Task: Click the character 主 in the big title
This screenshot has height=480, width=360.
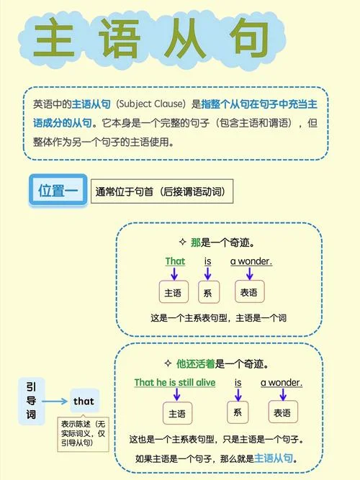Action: point(54,37)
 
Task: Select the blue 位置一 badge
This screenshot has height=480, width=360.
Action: point(58,190)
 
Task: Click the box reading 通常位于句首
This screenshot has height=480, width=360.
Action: point(162,191)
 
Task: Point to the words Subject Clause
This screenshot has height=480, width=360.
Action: point(150,104)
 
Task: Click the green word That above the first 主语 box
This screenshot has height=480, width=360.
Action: point(175,261)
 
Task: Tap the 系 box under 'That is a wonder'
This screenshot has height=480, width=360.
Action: point(209,292)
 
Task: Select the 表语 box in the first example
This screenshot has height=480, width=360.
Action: point(249,291)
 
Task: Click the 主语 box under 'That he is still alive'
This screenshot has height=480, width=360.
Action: point(177,413)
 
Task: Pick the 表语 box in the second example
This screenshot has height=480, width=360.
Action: point(283,412)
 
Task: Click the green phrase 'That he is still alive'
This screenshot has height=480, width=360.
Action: point(175,383)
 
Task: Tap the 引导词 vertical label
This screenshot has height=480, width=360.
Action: point(31,401)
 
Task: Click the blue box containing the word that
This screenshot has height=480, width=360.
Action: point(84,401)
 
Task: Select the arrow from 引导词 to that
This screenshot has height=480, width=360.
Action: point(55,401)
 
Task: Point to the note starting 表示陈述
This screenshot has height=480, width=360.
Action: point(83,433)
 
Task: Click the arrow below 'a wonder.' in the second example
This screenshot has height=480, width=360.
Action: point(283,394)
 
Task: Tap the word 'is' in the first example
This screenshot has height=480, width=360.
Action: point(208,261)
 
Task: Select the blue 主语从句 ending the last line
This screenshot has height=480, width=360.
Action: point(274,458)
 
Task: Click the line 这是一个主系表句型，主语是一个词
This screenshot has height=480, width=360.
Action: point(218,318)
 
